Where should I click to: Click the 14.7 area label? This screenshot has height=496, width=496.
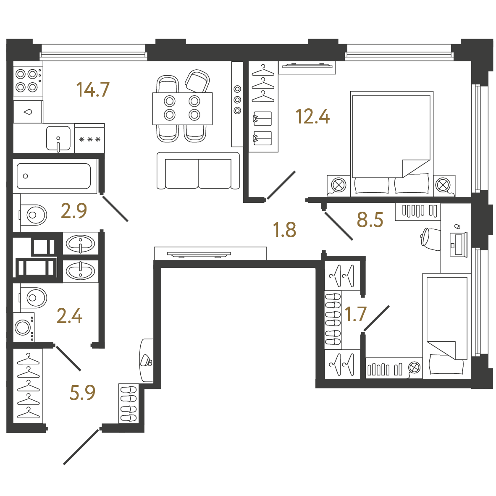coord(93,89)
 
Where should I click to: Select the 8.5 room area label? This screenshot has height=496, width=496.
coord(370,220)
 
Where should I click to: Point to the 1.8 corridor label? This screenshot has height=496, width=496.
coord(284,230)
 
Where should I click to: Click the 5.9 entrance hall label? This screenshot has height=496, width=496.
coord(82,393)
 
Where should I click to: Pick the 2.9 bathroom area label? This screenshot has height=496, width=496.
coord(73,211)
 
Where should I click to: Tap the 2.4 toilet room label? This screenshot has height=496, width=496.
coord(70,316)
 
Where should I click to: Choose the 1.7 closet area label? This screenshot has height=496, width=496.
coord(355,314)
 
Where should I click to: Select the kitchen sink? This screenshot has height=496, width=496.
coord(58,139)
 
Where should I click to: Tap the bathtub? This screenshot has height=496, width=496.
coord(55,176)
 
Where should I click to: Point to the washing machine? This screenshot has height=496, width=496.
coord(24,328)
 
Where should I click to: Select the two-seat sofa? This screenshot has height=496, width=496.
coord(198,171)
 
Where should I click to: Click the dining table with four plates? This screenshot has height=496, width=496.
coord(182,108)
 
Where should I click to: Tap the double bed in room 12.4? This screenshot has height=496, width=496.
coord(391,144)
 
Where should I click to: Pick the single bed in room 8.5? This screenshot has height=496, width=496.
coord(447,326)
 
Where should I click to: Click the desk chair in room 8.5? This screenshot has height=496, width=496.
coord(430,239)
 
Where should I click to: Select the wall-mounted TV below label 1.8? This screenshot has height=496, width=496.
coord(199,254)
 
